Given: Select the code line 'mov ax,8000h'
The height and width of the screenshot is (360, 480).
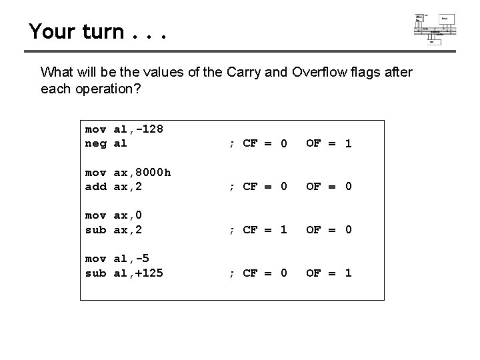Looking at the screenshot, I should click(128, 173).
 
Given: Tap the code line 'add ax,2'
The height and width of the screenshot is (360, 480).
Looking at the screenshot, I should click(113, 186).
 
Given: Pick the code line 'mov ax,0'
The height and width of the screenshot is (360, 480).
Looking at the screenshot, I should click(113, 216).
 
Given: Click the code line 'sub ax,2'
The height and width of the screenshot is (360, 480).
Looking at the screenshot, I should click(113, 229).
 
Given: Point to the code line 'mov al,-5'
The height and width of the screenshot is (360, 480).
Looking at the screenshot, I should click(117, 259).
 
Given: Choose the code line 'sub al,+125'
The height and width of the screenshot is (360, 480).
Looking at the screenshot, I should click(125, 273).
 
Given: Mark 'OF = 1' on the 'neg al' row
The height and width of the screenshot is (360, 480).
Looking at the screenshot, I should click(328, 143).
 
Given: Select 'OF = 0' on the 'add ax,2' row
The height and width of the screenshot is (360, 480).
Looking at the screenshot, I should click(328, 186).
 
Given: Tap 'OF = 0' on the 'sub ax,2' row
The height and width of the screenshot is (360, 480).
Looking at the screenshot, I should click(328, 229).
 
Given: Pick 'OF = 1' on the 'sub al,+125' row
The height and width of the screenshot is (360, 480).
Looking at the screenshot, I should click(328, 273).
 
